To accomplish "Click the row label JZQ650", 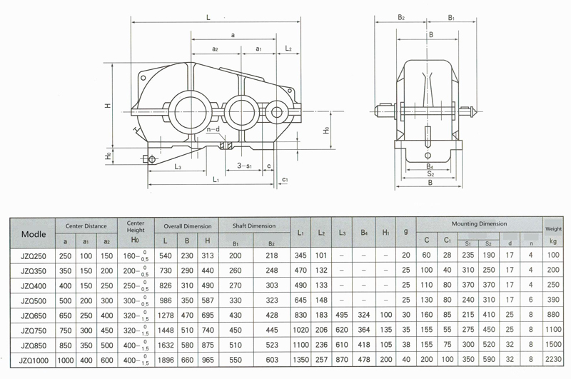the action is [34, 315].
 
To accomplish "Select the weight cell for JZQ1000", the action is [552, 359].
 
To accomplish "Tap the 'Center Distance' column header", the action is [86, 226].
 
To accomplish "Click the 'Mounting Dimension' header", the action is [479, 224].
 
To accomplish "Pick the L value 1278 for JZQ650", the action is [166, 315].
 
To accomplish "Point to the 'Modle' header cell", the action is [34, 234].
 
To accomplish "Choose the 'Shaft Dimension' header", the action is [254, 226].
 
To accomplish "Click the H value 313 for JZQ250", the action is [208, 256].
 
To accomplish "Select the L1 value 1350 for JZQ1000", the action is [300, 360].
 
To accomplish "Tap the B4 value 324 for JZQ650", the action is [364, 315].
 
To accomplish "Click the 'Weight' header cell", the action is [553, 229].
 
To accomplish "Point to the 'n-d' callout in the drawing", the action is [213, 130].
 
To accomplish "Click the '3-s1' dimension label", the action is [245, 166].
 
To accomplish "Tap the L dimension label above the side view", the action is [208, 17].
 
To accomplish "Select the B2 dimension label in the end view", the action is [401, 17].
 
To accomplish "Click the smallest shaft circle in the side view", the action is [276, 112].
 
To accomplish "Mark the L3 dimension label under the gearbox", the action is [178, 167].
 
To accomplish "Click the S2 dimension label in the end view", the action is [430, 174].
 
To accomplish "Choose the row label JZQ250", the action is [34, 256].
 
